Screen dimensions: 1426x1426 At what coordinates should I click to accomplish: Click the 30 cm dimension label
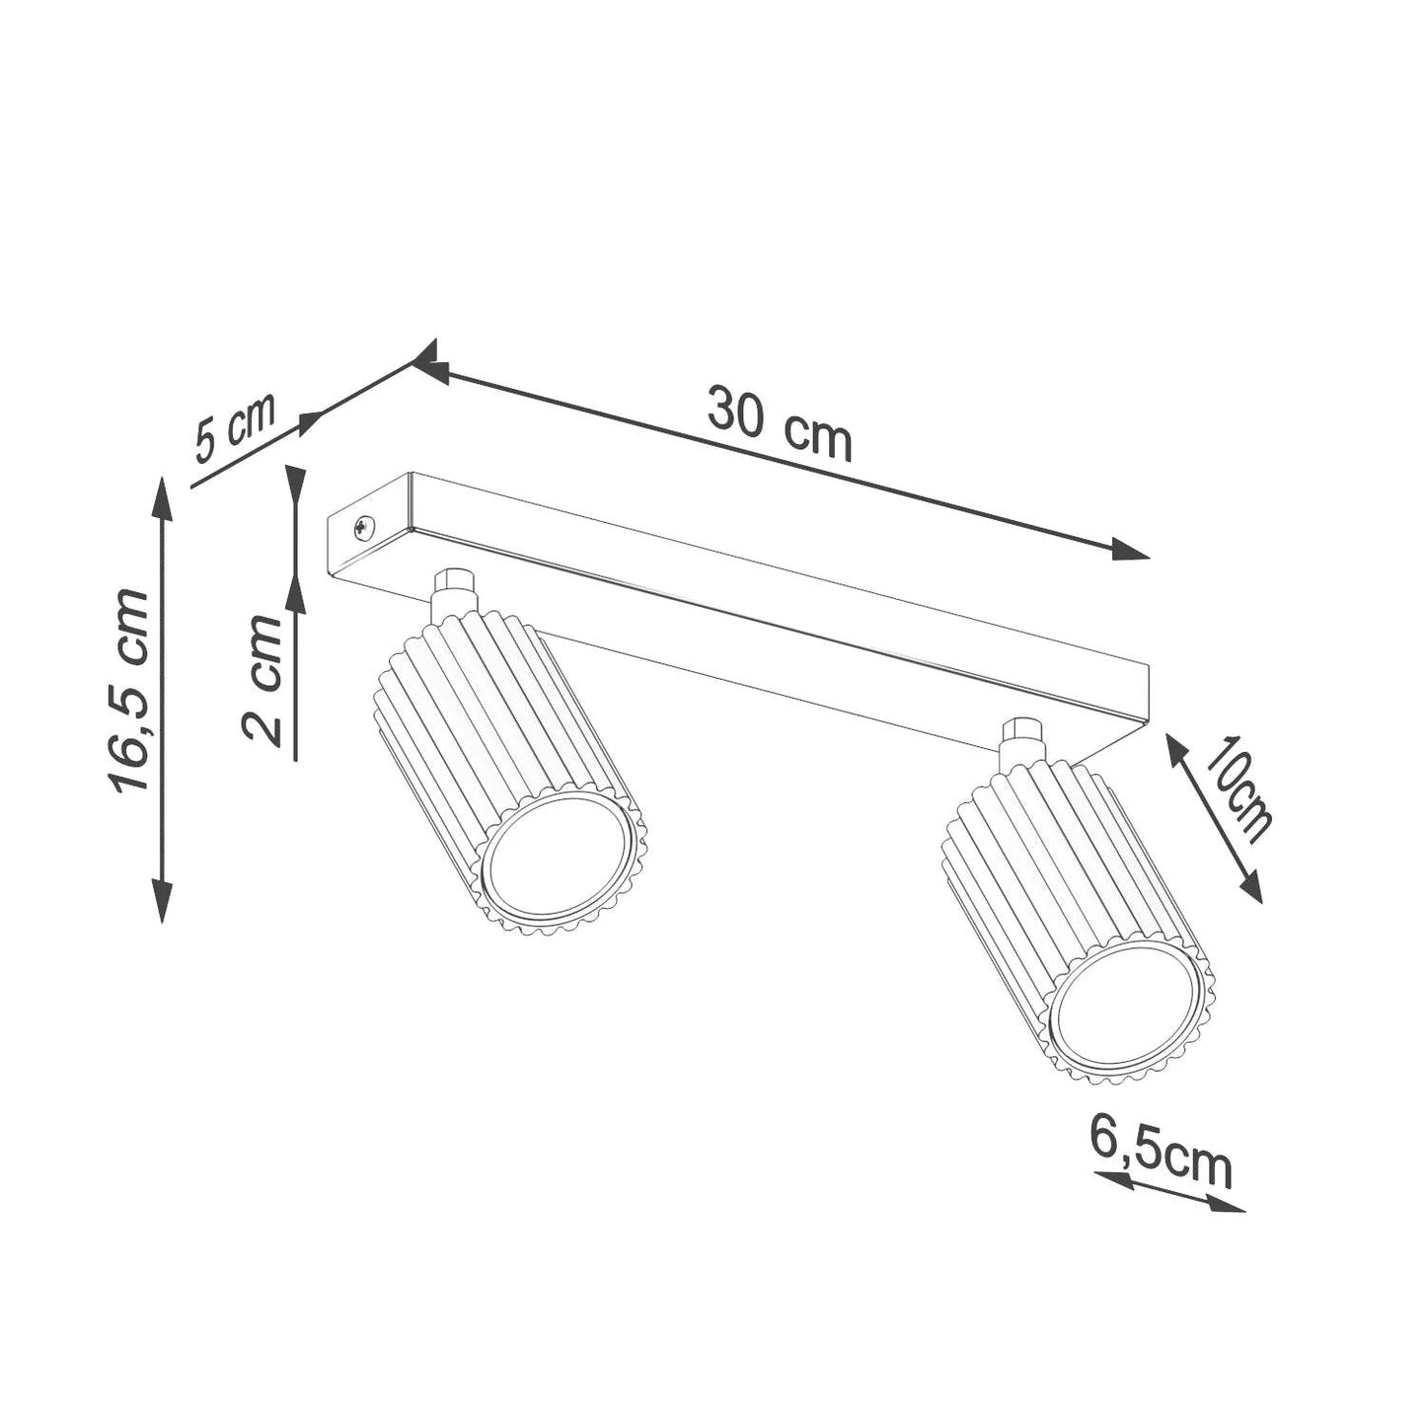(780, 424)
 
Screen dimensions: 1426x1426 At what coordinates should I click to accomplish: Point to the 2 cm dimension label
(262, 680)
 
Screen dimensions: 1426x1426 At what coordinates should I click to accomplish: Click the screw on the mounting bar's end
(364, 528)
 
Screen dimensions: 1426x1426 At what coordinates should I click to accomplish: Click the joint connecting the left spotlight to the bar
(453, 593)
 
